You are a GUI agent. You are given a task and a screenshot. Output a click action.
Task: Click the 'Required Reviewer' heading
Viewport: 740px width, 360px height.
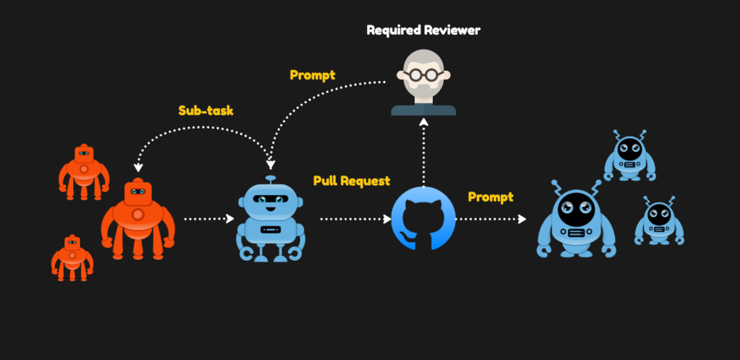pyautogui.click(x=423, y=30)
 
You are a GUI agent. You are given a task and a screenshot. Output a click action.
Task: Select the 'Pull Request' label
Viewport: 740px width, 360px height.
pyautogui.click(x=352, y=181)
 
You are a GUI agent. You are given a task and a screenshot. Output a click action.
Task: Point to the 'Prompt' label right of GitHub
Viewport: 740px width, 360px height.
pyautogui.click(x=491, y=197)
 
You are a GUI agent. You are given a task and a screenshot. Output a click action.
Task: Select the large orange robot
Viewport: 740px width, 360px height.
pyautogui.click(x=137, y=219)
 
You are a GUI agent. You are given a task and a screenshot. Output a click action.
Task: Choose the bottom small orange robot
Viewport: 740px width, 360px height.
pyautogui.click(x=72, y=257)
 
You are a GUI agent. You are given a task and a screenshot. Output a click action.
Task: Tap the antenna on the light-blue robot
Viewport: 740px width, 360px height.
pyautogui.click(x=270, y=179)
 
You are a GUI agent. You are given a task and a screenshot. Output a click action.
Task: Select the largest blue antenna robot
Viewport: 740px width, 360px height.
pyautogui.click(x=576, y=218)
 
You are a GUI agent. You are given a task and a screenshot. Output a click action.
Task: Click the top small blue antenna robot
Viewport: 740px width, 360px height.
pyautogui.click(x=629, y=155)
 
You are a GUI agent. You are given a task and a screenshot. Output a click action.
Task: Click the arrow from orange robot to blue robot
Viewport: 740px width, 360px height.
pyautogui.click(x=208, y=218)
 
